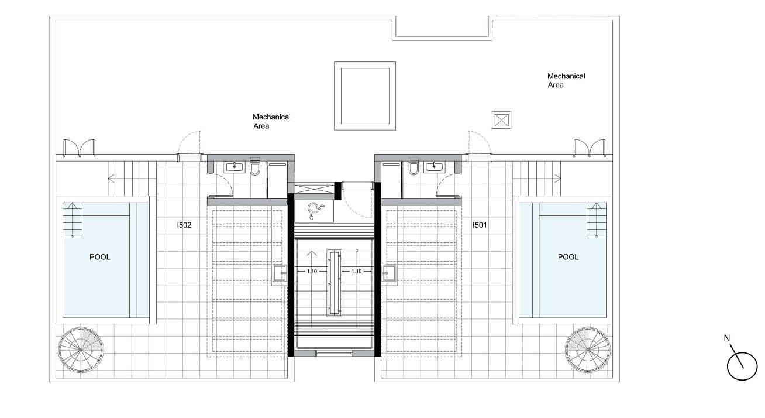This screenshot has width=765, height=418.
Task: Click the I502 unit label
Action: coord(184,225)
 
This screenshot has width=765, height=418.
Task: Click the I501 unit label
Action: coord(480,225)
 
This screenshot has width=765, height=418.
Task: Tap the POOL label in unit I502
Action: coord(100,257)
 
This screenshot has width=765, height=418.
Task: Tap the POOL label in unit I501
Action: coord(568,257)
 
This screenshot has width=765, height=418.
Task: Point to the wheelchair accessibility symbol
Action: coord(315,211)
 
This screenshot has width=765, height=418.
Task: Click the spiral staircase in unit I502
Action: coord(81,350)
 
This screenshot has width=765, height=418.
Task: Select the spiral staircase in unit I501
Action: coord(587,350)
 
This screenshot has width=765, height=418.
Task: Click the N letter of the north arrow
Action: coord(727,338)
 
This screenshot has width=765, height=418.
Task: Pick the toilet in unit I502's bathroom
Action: coord(255,166)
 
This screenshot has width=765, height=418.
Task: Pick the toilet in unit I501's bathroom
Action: coord(413,166)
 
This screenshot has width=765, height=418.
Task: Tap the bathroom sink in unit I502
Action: coord(235,167)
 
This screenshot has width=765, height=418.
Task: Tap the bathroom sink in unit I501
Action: coord(434,167)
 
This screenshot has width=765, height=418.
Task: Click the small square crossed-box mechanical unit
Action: coord(501,120)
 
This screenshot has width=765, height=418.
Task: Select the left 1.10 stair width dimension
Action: coord(312,272)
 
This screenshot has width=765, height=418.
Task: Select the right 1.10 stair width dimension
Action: coord(357,272)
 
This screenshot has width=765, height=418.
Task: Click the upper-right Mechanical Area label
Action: coord(566,81)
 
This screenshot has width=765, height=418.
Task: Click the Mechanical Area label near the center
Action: coord(271,121)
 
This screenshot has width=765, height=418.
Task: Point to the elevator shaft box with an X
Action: coord(314,189)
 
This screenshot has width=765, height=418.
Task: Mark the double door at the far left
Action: coord(79,148)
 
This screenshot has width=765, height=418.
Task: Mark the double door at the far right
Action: coord(590,148)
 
